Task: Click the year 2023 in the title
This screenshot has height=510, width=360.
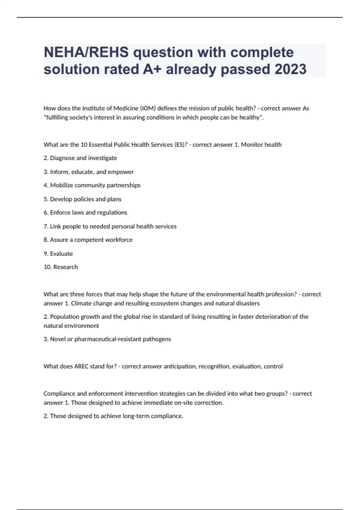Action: [290, 69]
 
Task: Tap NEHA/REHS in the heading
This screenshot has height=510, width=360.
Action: [86, 52]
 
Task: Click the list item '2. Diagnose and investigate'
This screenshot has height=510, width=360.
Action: [80, 158]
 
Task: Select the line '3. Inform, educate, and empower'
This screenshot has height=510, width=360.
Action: [88, 172]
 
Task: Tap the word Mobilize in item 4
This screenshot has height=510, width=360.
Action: [61, 185]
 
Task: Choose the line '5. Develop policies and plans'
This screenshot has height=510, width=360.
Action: [82, 199]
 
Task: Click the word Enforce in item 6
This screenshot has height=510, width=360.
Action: [60, 213]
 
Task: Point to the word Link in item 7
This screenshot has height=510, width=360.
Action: [55, 226]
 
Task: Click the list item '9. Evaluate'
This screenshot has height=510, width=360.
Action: [58, 254]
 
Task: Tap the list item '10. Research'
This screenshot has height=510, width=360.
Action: [61, 267]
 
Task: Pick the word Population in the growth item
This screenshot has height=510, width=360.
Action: [64, 317]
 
